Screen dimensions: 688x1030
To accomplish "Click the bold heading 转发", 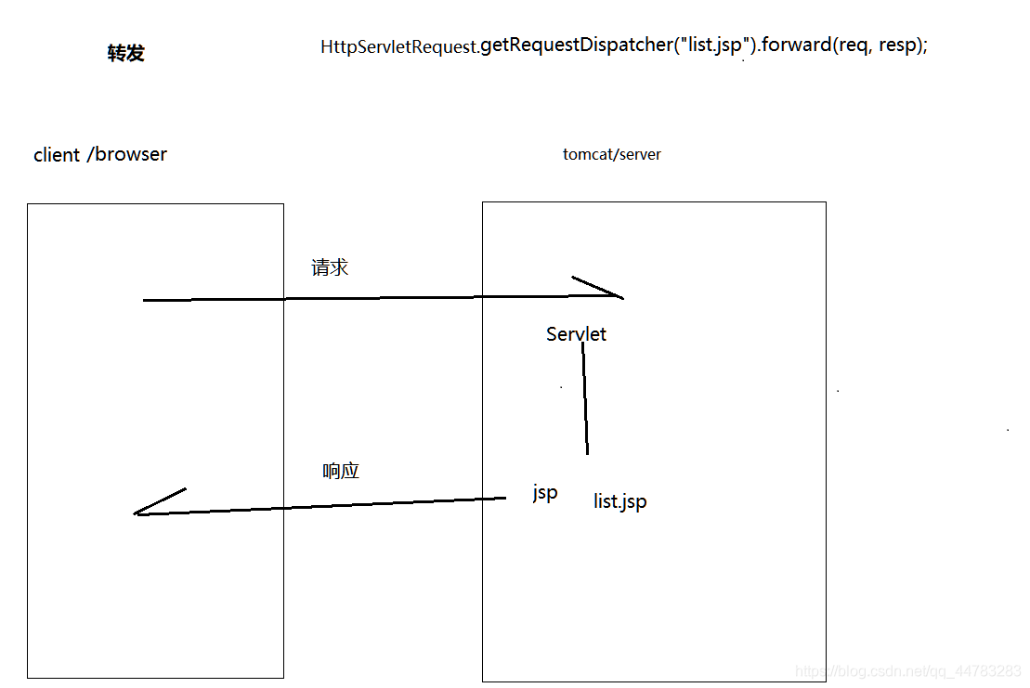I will tap(126, 54).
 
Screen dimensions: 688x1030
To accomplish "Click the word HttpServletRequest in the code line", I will tap(398, 46).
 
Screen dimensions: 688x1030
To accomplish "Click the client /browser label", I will tap(100, 155).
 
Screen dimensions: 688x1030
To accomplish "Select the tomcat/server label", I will tap(612, 154).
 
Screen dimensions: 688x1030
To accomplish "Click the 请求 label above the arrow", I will tap(330, 268).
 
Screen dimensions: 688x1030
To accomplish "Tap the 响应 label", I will tap(341, 472).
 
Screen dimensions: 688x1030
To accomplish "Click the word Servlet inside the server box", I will tap(576, 334).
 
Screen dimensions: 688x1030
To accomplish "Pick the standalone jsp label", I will tap(545, 492).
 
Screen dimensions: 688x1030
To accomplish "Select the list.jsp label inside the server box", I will tap(620, 502).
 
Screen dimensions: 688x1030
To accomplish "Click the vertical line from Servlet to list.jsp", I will tap(585, 399).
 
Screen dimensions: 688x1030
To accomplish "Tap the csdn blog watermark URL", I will tap(909, 671).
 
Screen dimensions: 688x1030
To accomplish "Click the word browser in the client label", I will tap(131, 155).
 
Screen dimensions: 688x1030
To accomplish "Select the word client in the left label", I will tap(57, 155).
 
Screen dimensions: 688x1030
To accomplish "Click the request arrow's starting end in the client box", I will tap(146, 300).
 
